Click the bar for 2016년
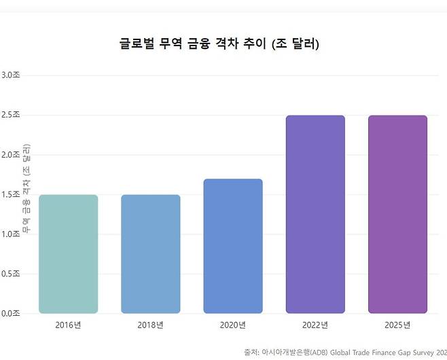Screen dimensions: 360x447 pos(68,254)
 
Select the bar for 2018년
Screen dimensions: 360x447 pos(150,254)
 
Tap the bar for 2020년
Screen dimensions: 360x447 pos(232,246)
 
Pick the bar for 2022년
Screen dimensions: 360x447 pos(315,214)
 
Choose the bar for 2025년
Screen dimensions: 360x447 pos(397,214)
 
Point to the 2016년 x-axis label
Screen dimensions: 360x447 pos(68,325)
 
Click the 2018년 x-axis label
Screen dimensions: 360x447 pos(150,325)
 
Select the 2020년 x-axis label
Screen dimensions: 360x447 pos(232,325)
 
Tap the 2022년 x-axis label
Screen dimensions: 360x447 pos(315,325)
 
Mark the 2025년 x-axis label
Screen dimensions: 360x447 pos(397,325)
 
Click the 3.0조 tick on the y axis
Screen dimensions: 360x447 pos(10,75)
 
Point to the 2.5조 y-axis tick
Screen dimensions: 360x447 pos(10,115)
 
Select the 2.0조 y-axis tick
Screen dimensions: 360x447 pos(10,155)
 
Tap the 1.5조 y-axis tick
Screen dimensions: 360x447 pos(10,195)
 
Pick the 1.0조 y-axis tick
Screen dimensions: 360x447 pos(10,234)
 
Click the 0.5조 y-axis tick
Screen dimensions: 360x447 pos(10,274)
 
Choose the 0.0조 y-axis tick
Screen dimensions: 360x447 pos(10,313)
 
